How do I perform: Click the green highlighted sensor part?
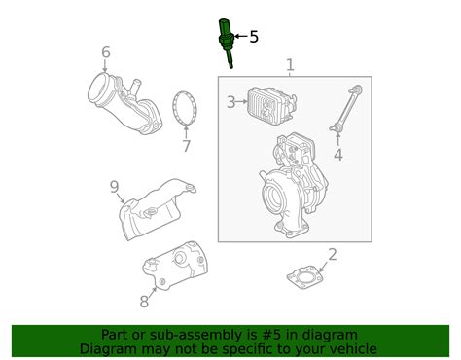click(x=226, y=42)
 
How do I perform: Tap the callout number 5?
click(x=254, y=37)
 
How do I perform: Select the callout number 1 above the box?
click(x=290, y=65)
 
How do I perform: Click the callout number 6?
click(x=106, y=52)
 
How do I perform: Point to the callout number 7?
click(x=186, y=146)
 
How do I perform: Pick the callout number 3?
click(x=230, y=102)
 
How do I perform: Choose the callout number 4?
click(x=338, y=155)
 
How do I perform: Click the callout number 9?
click(x=114, y=187)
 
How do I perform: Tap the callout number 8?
click(x=144, y=302)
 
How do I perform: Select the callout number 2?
click(x=333, y=255)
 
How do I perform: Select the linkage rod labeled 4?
click(x=345, y=109)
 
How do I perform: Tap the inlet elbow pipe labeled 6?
click(x=124, y=104)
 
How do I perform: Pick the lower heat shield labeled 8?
click(x=175, y=266)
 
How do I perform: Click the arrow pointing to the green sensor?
click(x=241, y=36)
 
